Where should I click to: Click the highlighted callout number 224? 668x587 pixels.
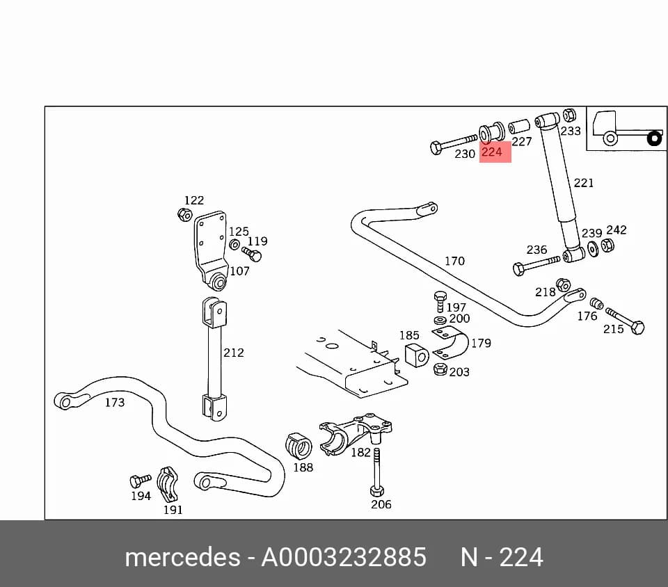pos(492,152)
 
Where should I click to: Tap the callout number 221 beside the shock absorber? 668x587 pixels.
pos(584,183)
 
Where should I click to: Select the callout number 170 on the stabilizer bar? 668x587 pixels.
pos(454,261)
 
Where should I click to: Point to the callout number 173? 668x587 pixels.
pos(115,402)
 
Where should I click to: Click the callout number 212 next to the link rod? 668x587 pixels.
pos(234,353)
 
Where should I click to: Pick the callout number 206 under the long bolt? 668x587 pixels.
pos(381,504)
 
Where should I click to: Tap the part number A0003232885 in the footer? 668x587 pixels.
pos(344,557)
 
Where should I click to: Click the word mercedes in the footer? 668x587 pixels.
pos(182,557)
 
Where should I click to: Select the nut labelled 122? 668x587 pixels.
pos(184,214)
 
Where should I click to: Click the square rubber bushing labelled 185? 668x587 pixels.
pos(416,355)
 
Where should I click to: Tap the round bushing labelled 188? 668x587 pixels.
pos(299,446)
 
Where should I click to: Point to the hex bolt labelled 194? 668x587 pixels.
pos(140,481)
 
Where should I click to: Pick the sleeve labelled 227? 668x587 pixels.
pos(519,127)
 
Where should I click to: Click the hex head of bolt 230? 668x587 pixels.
pos(436,148)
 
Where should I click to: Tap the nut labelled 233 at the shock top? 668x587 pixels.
pos(569,115)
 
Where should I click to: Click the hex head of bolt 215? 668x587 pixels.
pos(637,328)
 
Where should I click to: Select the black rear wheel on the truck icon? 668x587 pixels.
pos(654,139)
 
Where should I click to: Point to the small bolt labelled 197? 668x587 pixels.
pos(440,301)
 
